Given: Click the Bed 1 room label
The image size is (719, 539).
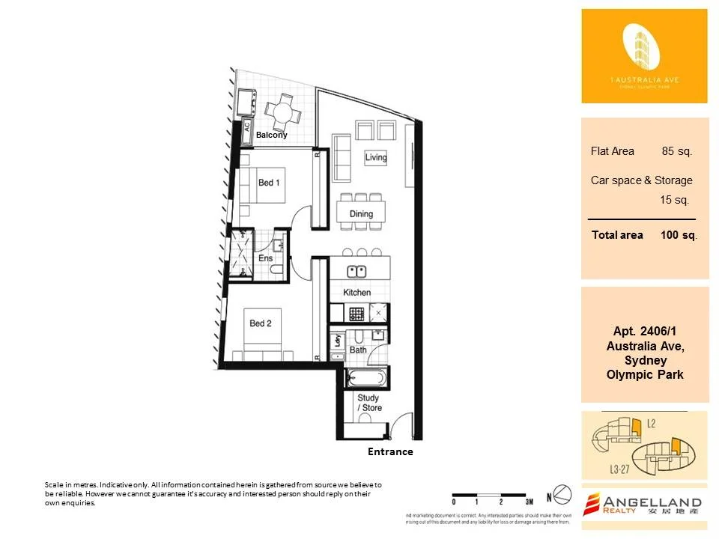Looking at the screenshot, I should pyautogui.click(x=269, y=183).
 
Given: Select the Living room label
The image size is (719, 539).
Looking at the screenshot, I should pyautogui.click(x=376, y=157).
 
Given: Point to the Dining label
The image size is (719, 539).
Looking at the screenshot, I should pyautogui.click(x=361, y=214).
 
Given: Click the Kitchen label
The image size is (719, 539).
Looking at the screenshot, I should pyautogui.click(x=357, y=292).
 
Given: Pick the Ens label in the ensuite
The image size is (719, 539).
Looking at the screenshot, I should pyautogui.click(x=265, y=258).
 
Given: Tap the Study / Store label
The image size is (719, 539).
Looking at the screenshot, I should pyautogui.click(x=369, y=403).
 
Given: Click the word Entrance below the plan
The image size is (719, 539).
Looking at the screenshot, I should pyautogui.click(x=390, y=452).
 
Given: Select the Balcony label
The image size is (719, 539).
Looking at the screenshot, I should pyautogui.click(x=271, y=135).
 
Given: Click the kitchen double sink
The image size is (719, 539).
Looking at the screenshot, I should pyautogui.click(x=357, y=271).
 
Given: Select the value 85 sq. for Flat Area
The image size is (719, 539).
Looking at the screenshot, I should pyautogui.click(x=677, y=151).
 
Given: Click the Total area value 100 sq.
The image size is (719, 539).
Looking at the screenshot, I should pyautogui.click(x=679, y=235).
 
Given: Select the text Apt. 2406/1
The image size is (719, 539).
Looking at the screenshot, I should pyautogui.click(x=645, y=332).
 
